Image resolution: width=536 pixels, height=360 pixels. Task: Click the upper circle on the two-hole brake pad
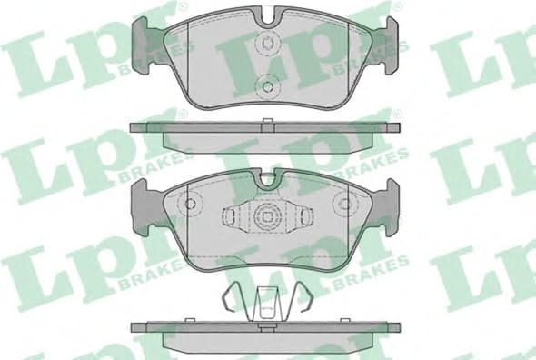pos(268,42)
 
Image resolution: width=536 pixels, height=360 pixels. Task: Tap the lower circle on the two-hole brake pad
pos(268,87)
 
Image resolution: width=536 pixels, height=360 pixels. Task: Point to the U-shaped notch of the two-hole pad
pos(268,15)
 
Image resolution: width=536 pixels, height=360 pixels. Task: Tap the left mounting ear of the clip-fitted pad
pos(145,200)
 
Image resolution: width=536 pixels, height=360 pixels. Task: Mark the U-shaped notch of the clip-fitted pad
pos(268,181)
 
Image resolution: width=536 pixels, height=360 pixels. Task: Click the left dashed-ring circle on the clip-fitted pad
pos(191,204)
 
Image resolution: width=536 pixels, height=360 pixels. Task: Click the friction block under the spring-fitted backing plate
pos(268,338)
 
